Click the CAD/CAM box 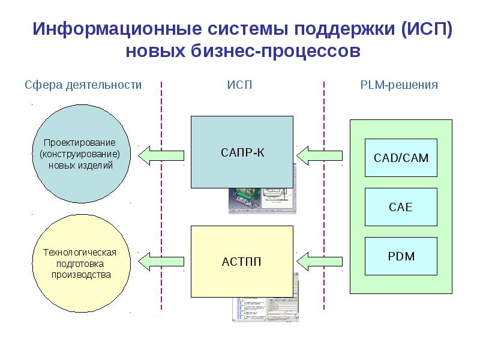[401, 158]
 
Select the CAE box [401, 208]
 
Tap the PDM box [401, 256]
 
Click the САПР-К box [242, 152]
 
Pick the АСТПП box [242, 262]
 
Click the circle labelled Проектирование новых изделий [80, 154]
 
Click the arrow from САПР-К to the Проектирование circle [161, 155]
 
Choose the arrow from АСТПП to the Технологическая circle [161, 261]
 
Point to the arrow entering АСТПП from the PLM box [320, 261]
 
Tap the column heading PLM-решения [399, 85]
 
